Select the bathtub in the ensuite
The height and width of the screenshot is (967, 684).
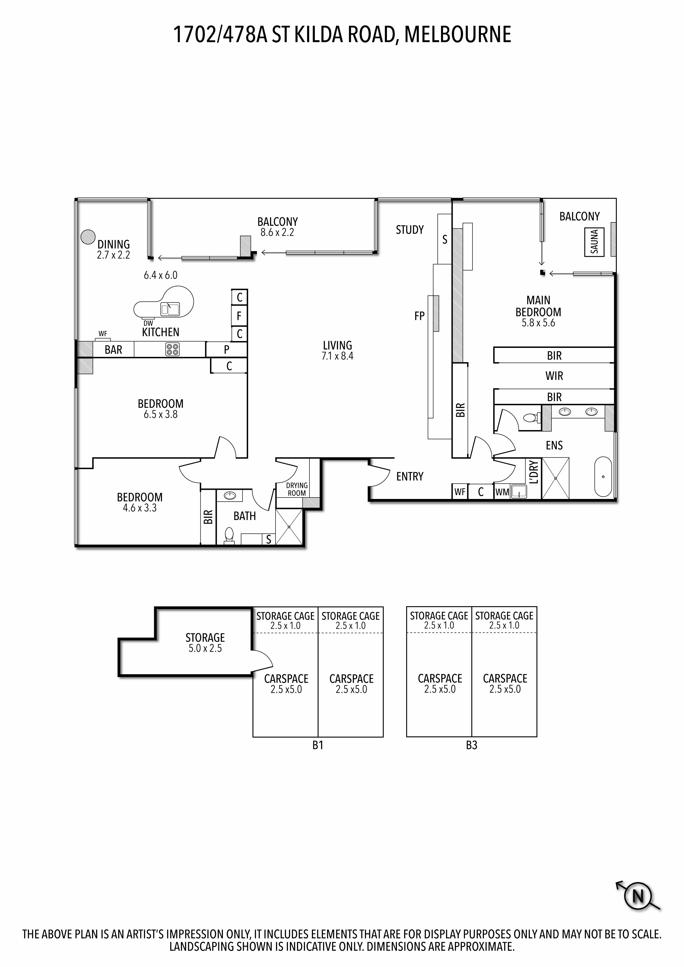pyautogui.click(x=603, y=476)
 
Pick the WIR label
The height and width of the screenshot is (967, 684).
pyautogui.click(x=554, y=376)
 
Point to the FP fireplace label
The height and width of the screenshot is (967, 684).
pyautogui.click(x=419, y=316)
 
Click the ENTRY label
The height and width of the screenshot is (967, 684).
pyautogui.click(x=410, y=476)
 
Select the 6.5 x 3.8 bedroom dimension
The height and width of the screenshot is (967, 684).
pyautogui.click(x=161, y=414)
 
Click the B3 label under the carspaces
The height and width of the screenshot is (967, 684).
pyautogui.click(x=472, y=745)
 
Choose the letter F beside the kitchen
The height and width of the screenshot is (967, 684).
pyautogui.click(x=239, y=316)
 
